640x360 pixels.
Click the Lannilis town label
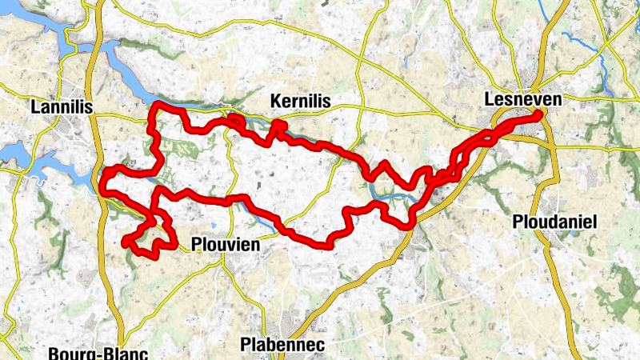61,106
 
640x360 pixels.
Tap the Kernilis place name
301,101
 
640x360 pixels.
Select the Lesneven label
523,99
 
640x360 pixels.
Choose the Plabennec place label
281,345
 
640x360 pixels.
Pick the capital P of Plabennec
245,345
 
